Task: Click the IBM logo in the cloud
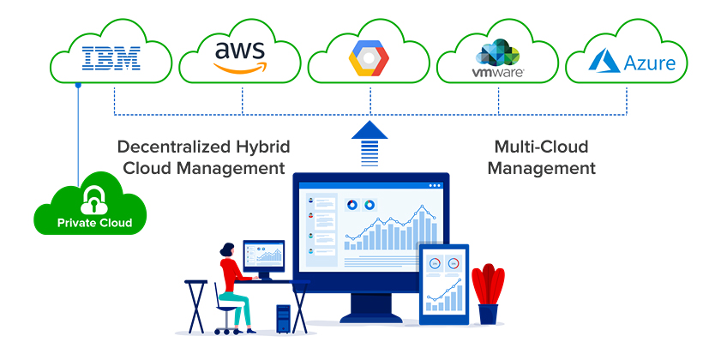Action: coord(111,59)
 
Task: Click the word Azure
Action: coord(649,63)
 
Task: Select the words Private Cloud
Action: coord(94,224)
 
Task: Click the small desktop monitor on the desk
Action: coord(263,255)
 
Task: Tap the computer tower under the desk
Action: coord(283,320)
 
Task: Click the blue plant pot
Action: coord(488,314)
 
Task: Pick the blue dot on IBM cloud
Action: coord(78,85)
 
